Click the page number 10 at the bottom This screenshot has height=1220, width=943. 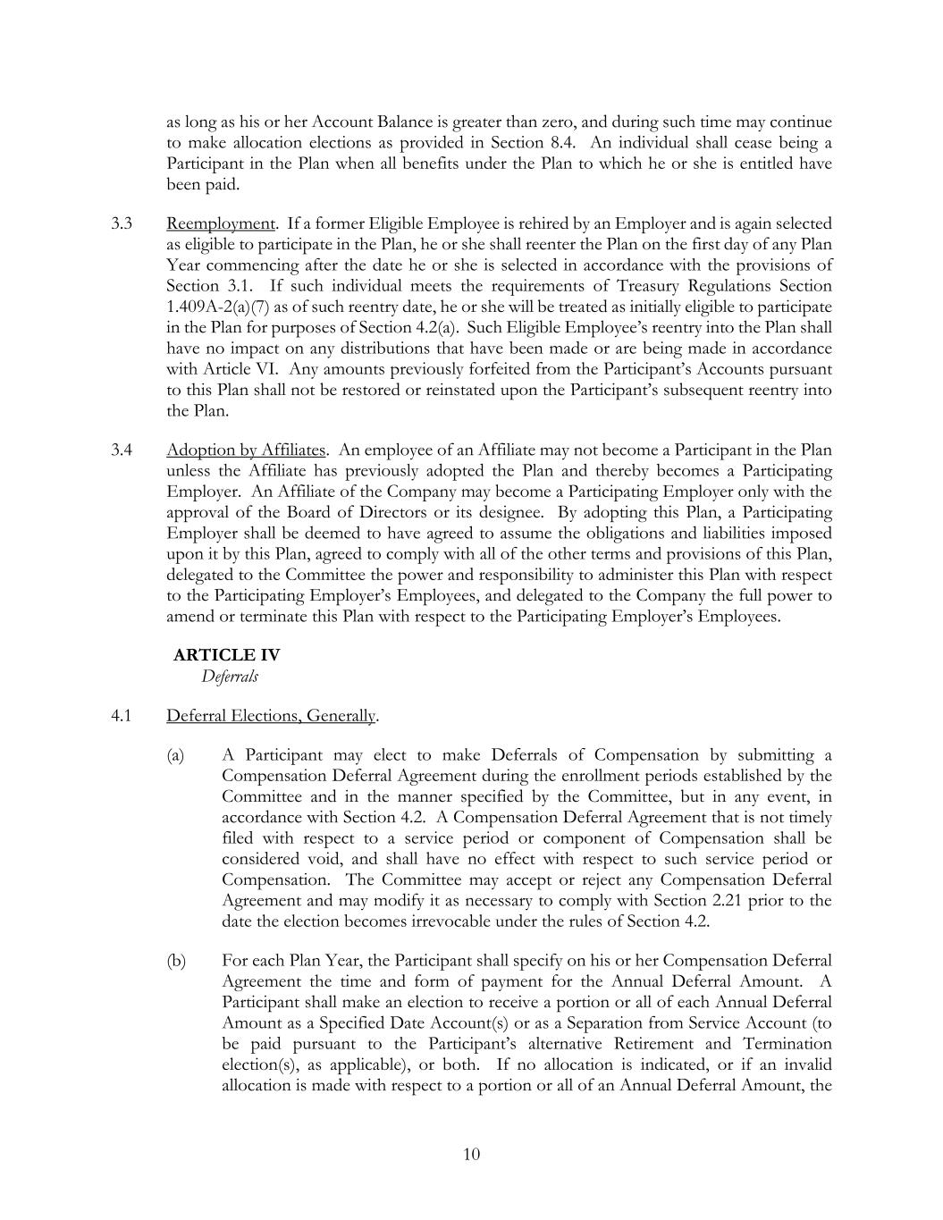[x=471, y=1154]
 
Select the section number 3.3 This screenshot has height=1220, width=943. [x=122, y=223]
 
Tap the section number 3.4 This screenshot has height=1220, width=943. [x=122, y=450]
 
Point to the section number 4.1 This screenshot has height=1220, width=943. [x=122, y=716]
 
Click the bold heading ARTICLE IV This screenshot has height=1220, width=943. [x=226, y=655]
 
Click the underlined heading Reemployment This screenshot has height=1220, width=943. [x=221, y=223]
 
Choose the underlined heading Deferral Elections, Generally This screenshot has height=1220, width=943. [x=271, y=716]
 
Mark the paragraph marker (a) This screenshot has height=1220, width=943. [x=175, y=756]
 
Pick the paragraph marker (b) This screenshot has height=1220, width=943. [x=175, y=961]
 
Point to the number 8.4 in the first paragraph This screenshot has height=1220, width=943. [x=561, y=143]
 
